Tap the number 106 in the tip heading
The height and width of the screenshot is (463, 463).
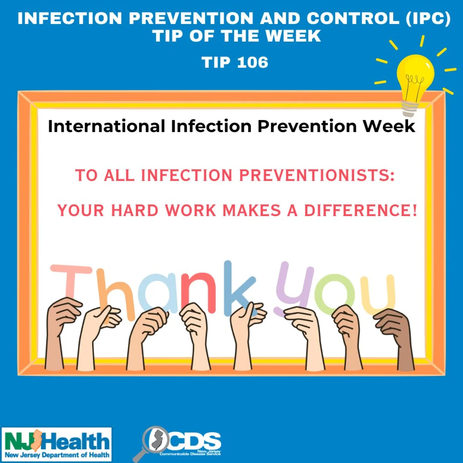click(252, 62)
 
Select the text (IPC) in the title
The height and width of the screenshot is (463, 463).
click(428, 18)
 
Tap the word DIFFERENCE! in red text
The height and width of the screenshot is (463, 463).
click(360, 210)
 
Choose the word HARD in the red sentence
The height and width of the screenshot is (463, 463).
click(134, 210)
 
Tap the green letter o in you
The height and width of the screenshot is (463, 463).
click(335, 294)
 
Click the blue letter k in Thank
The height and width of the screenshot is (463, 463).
click(240, 288)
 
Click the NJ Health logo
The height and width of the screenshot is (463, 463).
click(57, 445)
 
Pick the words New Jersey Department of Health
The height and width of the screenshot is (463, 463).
click(57, 455)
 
